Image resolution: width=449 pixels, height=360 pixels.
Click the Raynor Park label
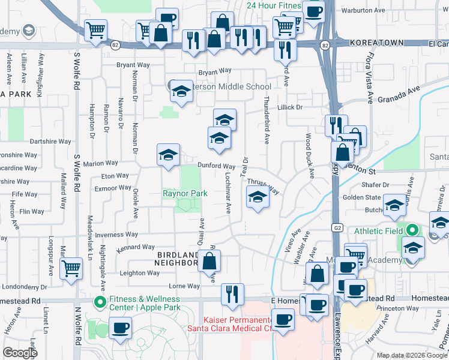[185, 193]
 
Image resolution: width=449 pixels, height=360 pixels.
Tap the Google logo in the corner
[20, 352]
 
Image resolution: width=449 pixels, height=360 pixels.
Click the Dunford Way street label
[217, 166]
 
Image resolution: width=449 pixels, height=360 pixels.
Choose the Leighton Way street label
[140, 273]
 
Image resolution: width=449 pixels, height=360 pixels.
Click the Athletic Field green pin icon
[412, 230]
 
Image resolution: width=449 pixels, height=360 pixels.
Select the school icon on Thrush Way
[257, 197]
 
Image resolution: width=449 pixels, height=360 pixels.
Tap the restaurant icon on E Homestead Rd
[232, 294]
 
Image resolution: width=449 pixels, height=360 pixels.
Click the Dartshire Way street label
[50, 142]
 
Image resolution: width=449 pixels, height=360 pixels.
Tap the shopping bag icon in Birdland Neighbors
[209, 261]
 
